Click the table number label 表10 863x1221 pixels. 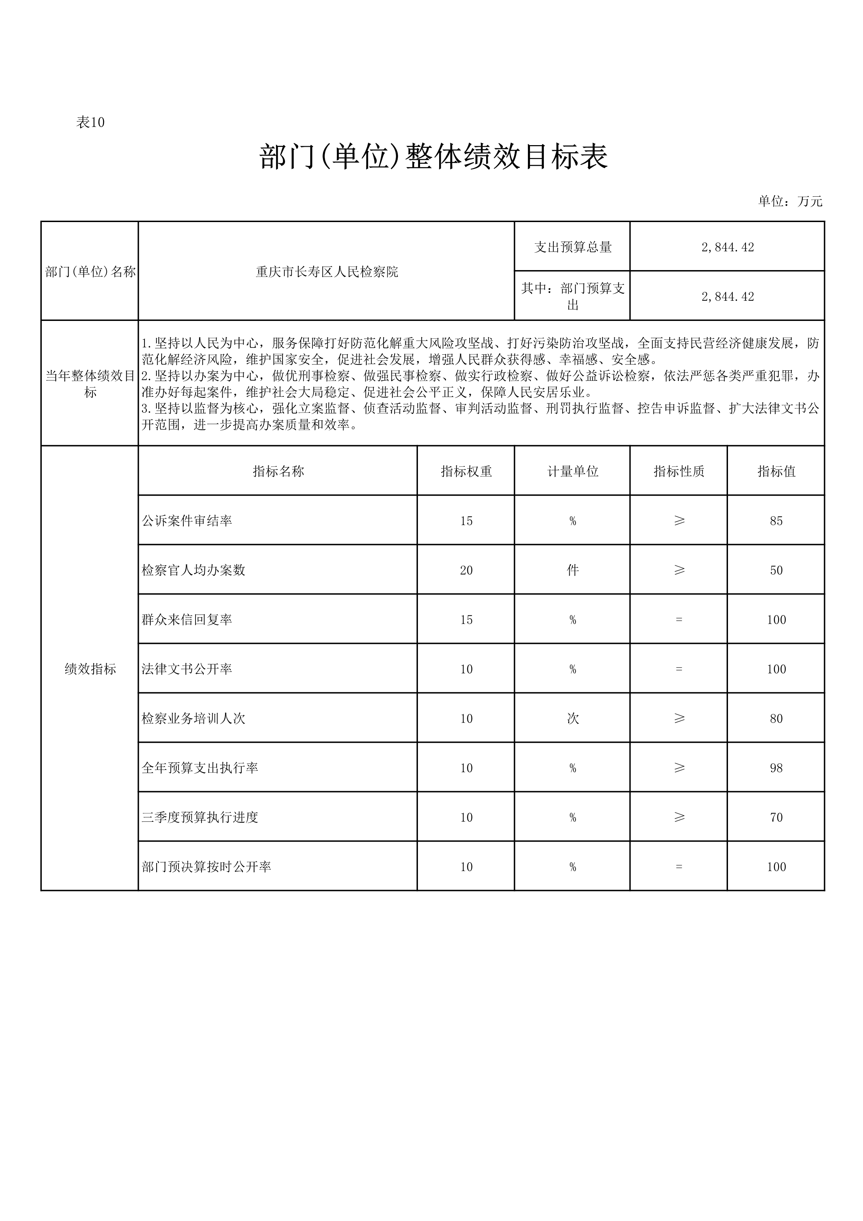point(90,122)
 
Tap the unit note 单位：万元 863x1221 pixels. point(790,202)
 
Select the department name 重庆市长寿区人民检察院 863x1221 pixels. point(326,272)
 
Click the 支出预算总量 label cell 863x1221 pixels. point(573,247)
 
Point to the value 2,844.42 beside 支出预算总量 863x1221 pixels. point(727,247)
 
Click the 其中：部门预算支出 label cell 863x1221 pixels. point(573,296)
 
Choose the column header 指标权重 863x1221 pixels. point(466,471)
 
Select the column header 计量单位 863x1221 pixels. point(573,471)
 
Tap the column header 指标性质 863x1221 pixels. point(679,471)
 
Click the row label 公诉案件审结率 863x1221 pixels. point(187,521)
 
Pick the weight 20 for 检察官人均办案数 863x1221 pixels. point(466,570)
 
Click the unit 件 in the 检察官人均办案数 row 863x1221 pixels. point(573,570)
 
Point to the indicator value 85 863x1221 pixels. point(776,521)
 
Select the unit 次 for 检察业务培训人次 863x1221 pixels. point(573,718)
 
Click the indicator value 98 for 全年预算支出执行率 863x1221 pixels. point(776,768)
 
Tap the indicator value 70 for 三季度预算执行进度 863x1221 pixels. point(776,817)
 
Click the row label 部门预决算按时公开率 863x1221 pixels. point(206,867)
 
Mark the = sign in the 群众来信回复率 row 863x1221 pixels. point(679,620)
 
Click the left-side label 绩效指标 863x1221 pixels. point(90,669)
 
